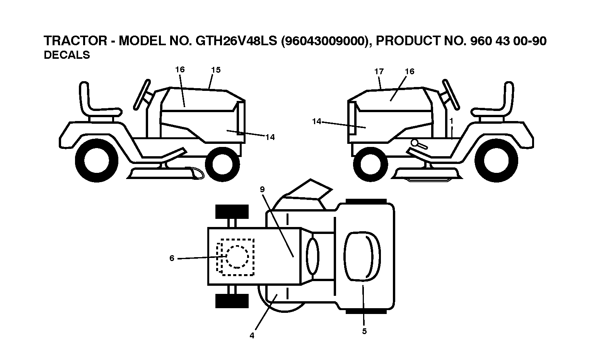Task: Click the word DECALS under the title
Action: click(x=67, y=55)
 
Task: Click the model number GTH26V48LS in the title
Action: click(x=236, y=41)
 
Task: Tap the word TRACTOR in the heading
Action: click(x=75, y=41)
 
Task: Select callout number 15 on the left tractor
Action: click(x=216, y=70)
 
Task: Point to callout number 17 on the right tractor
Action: click(x=379, y=72)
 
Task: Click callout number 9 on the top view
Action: click(x=262, y=189)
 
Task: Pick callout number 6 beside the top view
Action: click(x=172, y=258)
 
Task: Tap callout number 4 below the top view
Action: click(x=252, y=335)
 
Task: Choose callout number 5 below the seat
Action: click(x=364, y=331)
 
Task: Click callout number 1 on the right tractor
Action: click(x=451, y=121)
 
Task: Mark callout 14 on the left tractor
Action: click(x=270, y=137)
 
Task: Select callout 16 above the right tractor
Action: click(x=410, y=72)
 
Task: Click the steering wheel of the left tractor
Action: click(x=142, y=93)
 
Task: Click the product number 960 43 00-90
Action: click(x=508, y=41)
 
